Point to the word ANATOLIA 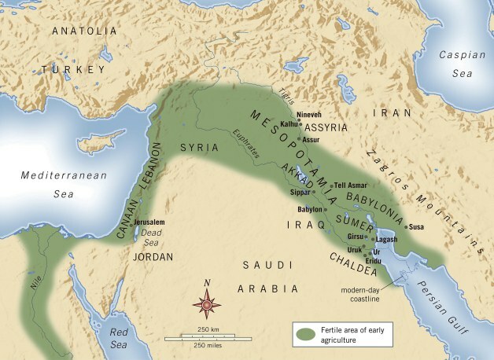(83, 31)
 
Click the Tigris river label (285, 94)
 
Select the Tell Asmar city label (351, 186)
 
